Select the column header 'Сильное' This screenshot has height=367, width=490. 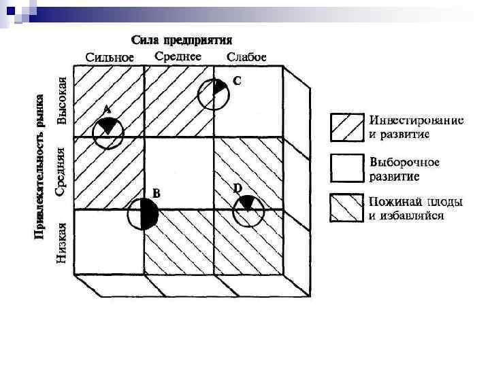[110, 56]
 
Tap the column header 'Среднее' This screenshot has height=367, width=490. [178, 56]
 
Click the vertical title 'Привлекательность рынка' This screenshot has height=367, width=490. [40, 165]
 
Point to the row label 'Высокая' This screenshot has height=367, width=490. [62, 101]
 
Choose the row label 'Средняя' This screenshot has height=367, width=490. [61, 171]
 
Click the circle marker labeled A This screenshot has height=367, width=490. [108, 133]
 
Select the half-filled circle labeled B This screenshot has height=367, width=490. [144, 216]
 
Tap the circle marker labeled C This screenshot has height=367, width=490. [214, 94]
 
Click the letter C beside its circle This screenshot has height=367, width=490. [237, 81]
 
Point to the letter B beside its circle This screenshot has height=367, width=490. [156, 194]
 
